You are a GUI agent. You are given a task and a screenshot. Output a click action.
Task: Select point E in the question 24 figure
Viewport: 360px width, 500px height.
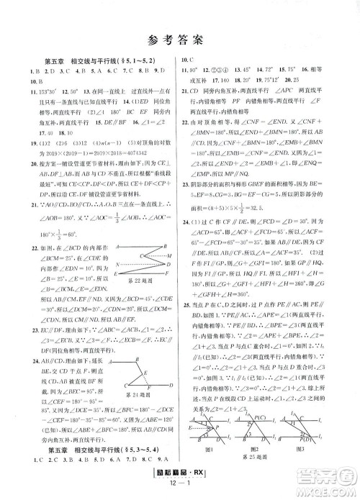145,371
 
